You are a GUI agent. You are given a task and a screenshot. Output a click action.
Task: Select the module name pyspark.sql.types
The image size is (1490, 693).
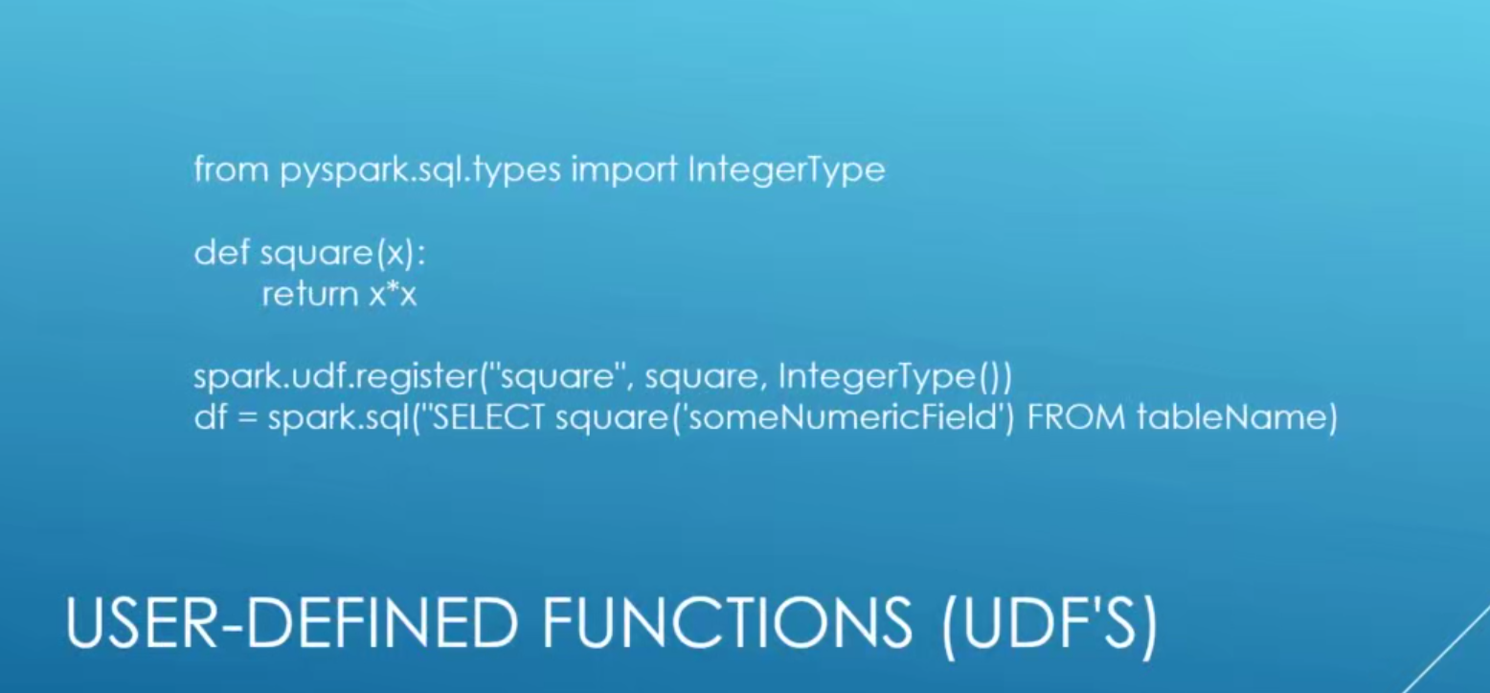[420, 170]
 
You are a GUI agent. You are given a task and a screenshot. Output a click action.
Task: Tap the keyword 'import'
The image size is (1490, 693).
[624, 170]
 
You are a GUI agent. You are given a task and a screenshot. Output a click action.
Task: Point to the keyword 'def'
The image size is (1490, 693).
[221, 253]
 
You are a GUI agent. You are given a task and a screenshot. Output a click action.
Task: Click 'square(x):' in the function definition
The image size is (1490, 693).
[343, 254]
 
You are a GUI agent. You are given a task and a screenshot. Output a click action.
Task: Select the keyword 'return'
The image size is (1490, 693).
[310, 294]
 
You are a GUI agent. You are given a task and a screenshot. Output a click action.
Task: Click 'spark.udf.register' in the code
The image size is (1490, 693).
[334, 377]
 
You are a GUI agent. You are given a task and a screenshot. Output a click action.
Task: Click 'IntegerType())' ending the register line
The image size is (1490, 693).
[894, 377]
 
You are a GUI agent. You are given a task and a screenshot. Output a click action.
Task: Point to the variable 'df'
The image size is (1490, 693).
[211, 417]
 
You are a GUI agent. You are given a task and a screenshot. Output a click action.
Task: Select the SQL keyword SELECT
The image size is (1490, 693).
[487, 417]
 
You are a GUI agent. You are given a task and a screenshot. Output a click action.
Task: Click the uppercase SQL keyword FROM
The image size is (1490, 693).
[1075, 417]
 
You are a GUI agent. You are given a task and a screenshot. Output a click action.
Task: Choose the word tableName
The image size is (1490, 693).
[1228, 417]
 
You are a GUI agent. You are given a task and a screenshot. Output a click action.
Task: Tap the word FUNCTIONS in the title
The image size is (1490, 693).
[728, 622]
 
